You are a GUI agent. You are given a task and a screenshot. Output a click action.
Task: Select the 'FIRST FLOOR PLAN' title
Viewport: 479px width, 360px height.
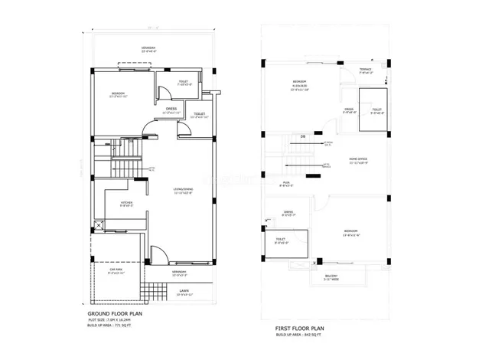(300, 327)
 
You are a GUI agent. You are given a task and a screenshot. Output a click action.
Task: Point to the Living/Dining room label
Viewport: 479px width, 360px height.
(183, 190)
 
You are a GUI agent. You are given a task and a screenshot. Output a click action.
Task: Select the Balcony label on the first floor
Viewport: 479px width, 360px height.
(331, 277)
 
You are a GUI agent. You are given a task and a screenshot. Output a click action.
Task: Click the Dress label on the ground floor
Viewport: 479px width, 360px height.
(171, 109)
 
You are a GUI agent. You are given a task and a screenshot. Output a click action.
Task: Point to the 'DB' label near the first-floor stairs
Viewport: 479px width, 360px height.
(302, 136)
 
